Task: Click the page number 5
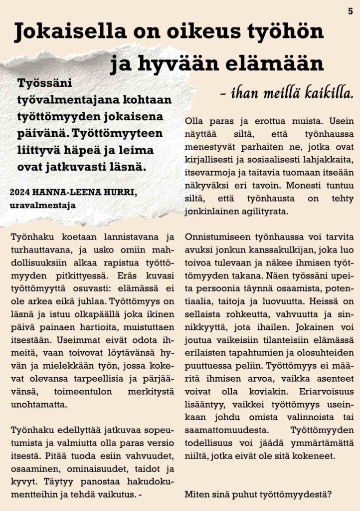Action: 351,11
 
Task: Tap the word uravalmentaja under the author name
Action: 42,205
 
